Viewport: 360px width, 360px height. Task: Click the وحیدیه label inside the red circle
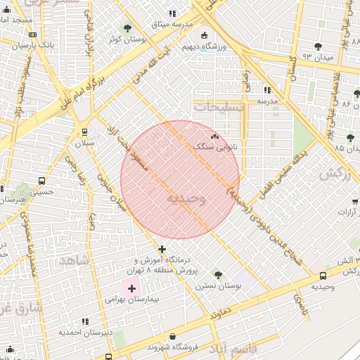coord(186,199)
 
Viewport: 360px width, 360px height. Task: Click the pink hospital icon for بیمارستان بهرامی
coord(131,288)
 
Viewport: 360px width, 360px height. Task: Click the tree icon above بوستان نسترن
coord(217,274)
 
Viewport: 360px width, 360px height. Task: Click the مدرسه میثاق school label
coord(172,25)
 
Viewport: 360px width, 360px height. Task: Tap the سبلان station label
coord(84,143)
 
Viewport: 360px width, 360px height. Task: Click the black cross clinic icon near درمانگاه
coord(162,249)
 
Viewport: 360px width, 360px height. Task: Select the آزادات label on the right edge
coord(347,211)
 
